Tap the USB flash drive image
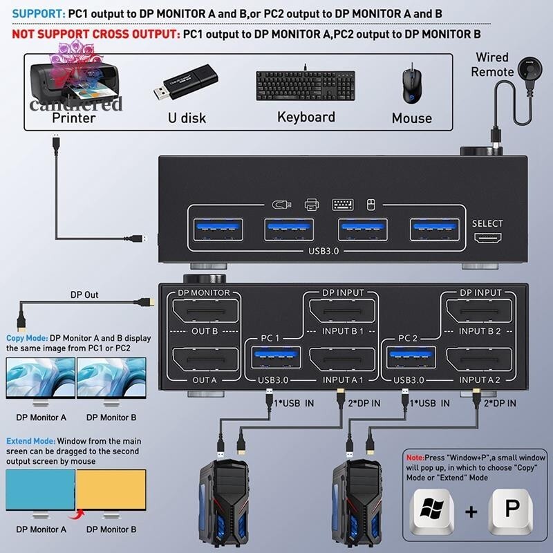click(186, 82)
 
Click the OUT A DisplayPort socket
click(204, 360)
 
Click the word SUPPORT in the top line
click(37, 13)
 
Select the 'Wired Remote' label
click(491, 64)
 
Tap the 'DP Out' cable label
click(85, 295)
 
